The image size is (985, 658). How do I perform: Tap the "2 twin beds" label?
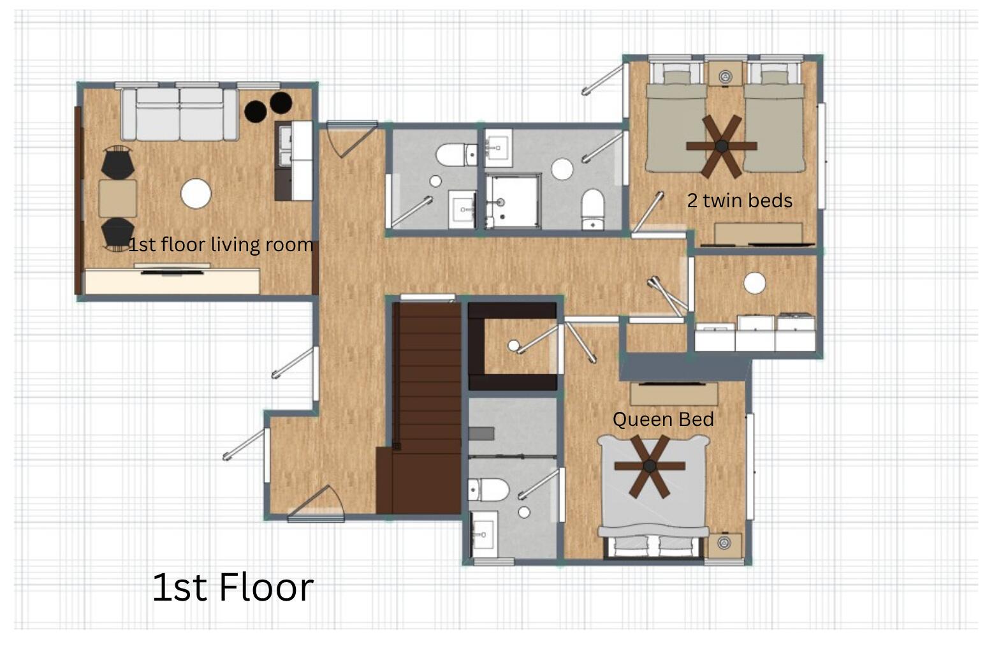tap(740, 201)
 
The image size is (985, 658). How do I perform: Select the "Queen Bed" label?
tap(663, 419)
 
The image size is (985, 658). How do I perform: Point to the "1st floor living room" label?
tap(221, 245)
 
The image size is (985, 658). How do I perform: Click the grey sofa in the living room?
tap(180, 114)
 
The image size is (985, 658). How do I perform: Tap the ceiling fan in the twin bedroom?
tap(721, 146)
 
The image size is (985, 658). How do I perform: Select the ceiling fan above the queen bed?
tap(650, 466)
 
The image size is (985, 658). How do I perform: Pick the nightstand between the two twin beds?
tap(725, 75)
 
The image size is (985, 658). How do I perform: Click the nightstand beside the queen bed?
tap(724, 545)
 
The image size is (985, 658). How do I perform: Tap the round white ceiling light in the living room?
tap(196, 194)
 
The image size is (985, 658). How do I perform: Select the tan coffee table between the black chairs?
tap(117, 198)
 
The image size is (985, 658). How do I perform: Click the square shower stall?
tap(513, 201)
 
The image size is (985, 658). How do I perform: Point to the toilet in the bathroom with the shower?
tap(593, 209)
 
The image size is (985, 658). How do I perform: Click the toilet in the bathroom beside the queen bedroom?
tap(488, 490)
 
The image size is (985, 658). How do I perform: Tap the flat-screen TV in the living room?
tap(172, 273)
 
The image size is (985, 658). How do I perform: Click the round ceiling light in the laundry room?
tap(755, 283)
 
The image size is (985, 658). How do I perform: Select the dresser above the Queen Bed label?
tap(674, 394)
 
